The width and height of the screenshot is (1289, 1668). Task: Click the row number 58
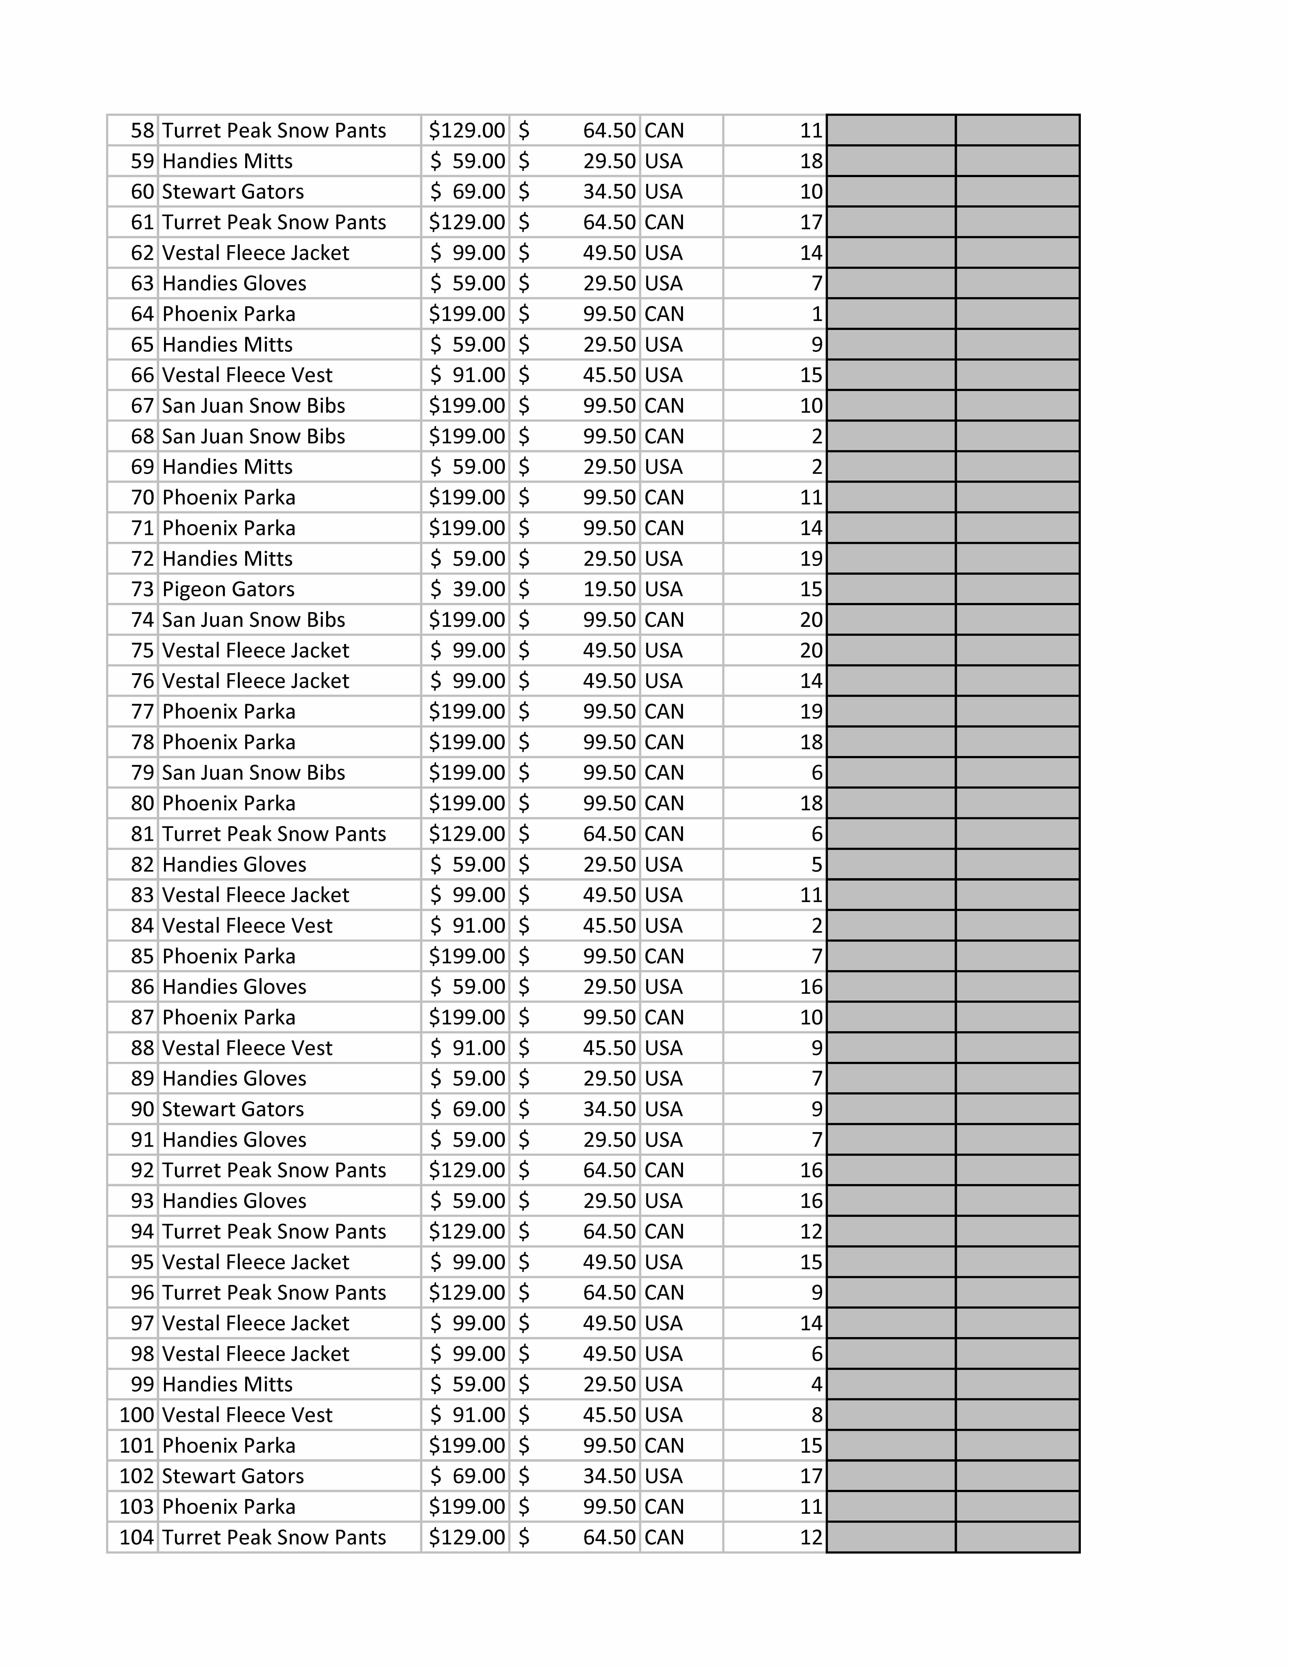pos(142,131)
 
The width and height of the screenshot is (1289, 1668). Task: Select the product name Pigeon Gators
pos(228,590)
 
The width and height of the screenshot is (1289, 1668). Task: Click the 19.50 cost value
pos(609,590)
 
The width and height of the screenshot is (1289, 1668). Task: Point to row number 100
pos(137,1415)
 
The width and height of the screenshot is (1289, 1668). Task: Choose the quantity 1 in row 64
pos(816,314)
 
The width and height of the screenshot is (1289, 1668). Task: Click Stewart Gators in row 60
pos(233,192)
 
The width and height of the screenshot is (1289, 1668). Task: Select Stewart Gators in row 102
pos(233,1476)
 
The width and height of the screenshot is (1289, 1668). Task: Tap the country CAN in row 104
pos(664,1537)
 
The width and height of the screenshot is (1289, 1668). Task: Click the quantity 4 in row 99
pos(816,1385)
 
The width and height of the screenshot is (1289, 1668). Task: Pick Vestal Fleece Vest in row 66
pos(247,375)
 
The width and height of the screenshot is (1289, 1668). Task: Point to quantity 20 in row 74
pos(811,620)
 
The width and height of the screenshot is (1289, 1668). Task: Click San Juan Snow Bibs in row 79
pos(254,773)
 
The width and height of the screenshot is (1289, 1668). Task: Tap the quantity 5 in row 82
pos(816,865)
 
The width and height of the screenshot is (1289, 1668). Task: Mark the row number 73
pos(142,590)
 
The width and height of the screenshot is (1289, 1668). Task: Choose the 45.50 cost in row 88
pos(609,1048)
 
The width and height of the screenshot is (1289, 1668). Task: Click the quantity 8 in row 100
pos(816,1415)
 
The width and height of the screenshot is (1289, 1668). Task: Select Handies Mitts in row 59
pos(227,161)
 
